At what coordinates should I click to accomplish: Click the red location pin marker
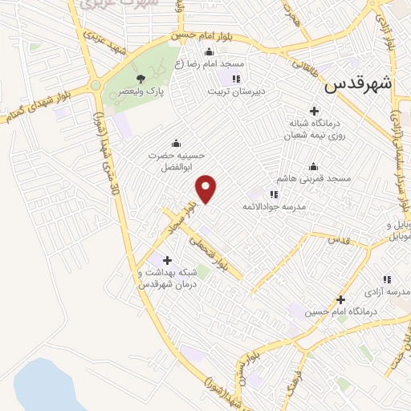[x=207, y=188]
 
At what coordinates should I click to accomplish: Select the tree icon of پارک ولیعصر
[x=141, y=78]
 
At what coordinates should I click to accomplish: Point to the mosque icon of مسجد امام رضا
[x=210, y=51]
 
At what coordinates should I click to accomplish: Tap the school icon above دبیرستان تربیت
[x=236, y=78]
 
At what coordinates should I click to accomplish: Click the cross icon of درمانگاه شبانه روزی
[x=314, y=111]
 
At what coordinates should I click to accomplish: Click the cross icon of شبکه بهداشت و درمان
[x=167, y=259]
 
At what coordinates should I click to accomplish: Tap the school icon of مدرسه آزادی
[x=387, y=279]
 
